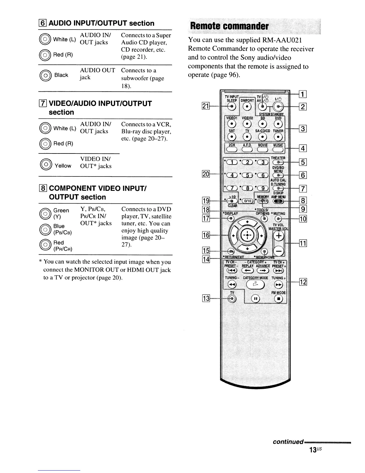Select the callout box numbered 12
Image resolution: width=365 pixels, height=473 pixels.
point(303,282)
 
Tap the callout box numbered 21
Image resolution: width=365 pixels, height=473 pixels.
point(206,106)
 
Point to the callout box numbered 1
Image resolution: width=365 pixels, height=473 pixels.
point(303,95)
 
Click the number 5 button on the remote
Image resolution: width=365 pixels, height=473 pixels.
point(247,175)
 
